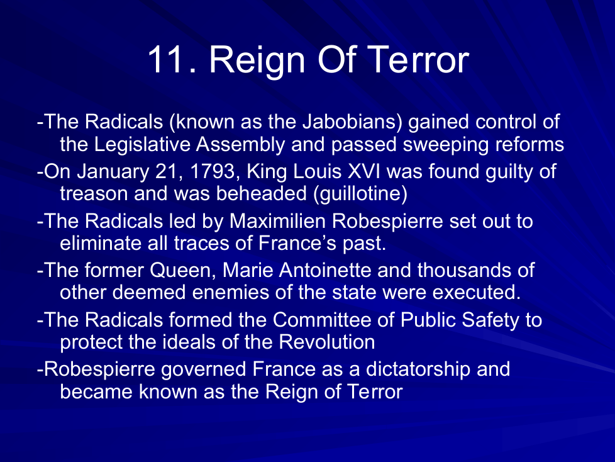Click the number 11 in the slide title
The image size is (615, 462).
[166, 59]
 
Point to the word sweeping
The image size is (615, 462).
[446, 145]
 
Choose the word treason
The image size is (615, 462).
[94, 194]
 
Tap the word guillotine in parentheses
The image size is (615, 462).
[360, 194]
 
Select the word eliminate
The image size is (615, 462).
[101, 243]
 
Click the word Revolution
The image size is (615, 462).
[327, 342]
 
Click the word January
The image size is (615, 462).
[113, 172]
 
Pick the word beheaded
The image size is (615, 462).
[262, 194]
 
